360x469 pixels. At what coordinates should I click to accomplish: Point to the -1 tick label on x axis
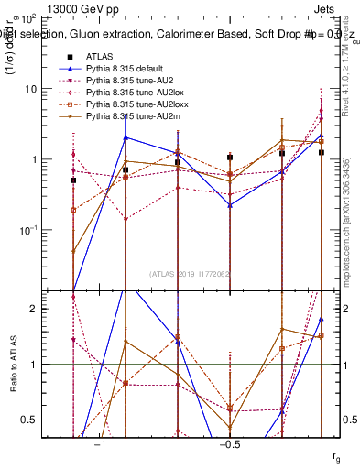[100, 444]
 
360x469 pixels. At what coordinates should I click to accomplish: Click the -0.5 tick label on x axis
[229, 444]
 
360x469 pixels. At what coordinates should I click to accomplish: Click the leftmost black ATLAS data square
[73, 180]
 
